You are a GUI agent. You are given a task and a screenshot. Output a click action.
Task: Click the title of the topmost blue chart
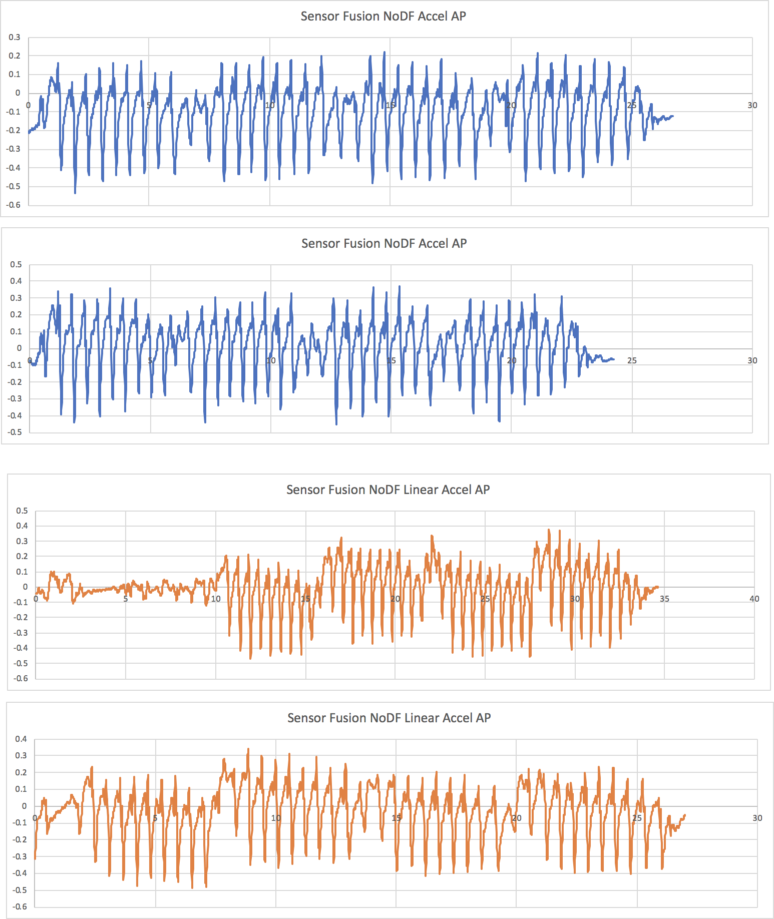coord(383,17)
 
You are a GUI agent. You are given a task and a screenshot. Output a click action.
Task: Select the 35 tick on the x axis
coord(664,599)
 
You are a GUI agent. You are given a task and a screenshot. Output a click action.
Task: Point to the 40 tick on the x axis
coord(754,599)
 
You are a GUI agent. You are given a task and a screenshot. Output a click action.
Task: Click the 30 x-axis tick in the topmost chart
coord(752,105)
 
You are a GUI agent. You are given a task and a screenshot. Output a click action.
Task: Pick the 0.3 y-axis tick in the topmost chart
coord(15,37)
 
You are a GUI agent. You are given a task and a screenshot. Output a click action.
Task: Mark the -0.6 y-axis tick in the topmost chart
coord(14,205)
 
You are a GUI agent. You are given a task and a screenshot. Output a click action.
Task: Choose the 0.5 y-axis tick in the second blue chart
coord(16,264)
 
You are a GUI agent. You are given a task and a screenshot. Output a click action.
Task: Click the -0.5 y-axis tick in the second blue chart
coord(15,432)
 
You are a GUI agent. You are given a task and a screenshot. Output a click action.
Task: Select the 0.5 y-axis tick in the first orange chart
coord(22,511)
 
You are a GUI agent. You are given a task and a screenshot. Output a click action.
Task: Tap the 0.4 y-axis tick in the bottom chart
coord(21,739)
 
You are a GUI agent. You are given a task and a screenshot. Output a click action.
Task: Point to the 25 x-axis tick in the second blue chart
coord(632,360)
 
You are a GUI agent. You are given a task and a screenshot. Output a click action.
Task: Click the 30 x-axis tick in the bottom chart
coord(757,818)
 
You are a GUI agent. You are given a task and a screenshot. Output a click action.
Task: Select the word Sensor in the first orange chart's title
coord(305,490)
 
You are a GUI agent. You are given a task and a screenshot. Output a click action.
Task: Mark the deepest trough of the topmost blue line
coord(75,193)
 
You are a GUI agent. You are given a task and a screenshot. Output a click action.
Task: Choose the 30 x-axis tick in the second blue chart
coord(752,360)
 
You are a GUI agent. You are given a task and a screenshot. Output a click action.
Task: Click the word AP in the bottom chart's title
coord(483,718)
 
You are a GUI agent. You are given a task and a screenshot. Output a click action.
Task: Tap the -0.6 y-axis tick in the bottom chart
coord(20,906)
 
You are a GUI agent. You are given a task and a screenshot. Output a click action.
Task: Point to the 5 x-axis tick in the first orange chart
coord(126,599)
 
